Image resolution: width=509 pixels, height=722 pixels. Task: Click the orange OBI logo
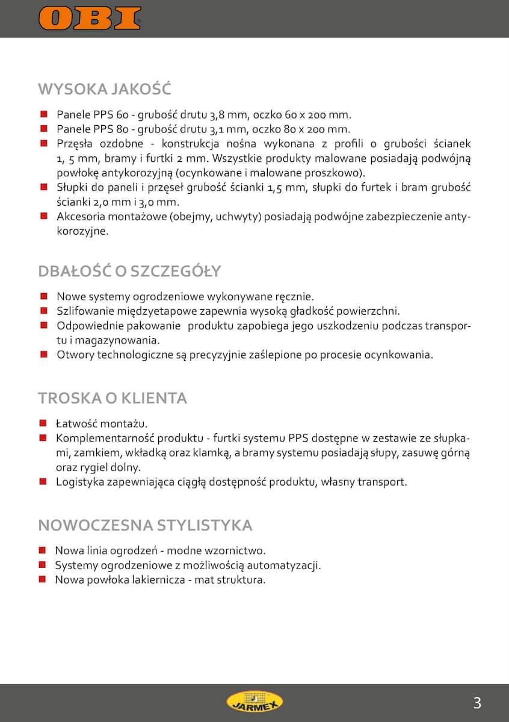[x=90, y=18]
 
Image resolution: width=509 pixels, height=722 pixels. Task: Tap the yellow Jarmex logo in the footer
[x=254, y=702]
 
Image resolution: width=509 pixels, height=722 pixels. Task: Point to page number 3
[x=477, y=702]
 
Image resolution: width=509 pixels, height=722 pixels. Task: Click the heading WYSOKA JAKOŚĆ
[x=105, y=89]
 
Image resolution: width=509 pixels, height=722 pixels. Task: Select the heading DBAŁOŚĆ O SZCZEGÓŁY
[x=129, y=271]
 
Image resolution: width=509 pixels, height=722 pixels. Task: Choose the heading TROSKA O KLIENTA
[x=113, y=398]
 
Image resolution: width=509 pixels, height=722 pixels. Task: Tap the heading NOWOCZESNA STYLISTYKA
[x=145, y=525]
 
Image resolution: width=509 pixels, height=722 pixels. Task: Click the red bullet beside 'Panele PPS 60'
[x=43, y=114]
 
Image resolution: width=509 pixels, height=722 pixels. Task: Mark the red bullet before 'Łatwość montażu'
[x=43, y=424]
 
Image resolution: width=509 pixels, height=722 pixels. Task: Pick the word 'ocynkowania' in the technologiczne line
[x=397, y=354]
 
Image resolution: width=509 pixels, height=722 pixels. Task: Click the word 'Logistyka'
[x=79, y=481]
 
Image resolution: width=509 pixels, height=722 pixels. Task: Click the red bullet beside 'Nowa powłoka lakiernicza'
[x=43, y=579]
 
